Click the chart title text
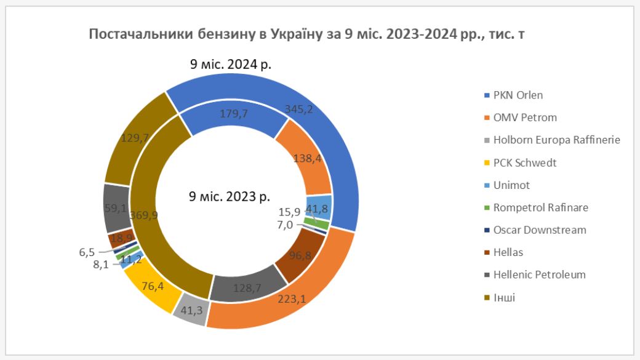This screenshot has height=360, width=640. coord(306,34)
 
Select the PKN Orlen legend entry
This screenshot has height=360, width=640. coord(518,95)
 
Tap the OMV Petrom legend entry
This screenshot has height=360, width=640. coord(521,118)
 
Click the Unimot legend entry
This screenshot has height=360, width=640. coord(511,185)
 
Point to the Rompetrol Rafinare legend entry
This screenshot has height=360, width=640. coord(540,207)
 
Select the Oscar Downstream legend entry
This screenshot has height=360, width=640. coord(540,230)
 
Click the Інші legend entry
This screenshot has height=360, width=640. coord(504,298)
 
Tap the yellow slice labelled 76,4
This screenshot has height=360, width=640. coord(151,288)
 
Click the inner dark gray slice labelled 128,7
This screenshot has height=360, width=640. coord(241,287)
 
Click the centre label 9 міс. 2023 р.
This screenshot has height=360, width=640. coord(230,197)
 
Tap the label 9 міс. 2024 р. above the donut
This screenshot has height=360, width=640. coord(231,64)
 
